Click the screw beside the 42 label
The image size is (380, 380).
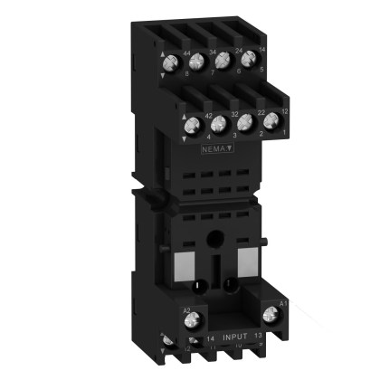click(192, 128)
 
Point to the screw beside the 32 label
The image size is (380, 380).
click(217, 125)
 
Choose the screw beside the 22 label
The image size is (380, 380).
click(242, 122)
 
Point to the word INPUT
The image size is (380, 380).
click(229, 336)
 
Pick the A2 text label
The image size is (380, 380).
click(187, 309)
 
